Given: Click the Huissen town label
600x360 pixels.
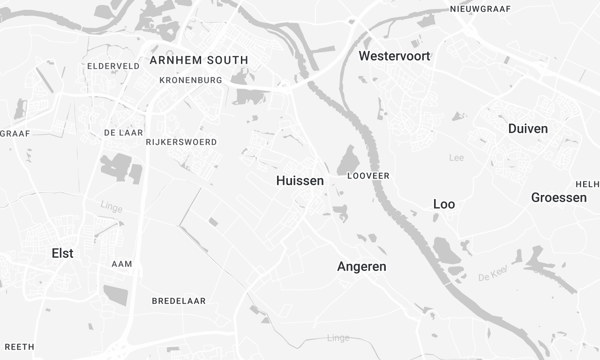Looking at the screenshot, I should pos(300,181).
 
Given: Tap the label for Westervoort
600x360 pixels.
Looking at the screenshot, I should pos(394,57).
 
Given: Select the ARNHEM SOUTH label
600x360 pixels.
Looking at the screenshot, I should pos(197,60).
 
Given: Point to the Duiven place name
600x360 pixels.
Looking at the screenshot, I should pos(528,129).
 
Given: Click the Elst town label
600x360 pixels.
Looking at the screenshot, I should pos(63,254).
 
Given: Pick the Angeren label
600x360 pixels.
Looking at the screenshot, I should pos(361,267).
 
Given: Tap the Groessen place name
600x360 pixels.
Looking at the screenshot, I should pos(559,198).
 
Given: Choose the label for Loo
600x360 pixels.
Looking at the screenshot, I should pos(444,204).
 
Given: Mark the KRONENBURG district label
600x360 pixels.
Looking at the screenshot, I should pos(189,79).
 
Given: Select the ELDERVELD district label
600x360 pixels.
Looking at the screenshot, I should pos(113,66).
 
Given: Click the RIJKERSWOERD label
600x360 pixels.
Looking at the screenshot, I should pos(181,143).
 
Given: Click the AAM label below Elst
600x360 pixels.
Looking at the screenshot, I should pos(122,264).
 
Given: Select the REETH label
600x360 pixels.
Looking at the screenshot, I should pos(19,347).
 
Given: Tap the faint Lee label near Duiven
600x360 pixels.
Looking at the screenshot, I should pos(457,157).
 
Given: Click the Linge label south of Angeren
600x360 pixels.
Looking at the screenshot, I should pos(338,338).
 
